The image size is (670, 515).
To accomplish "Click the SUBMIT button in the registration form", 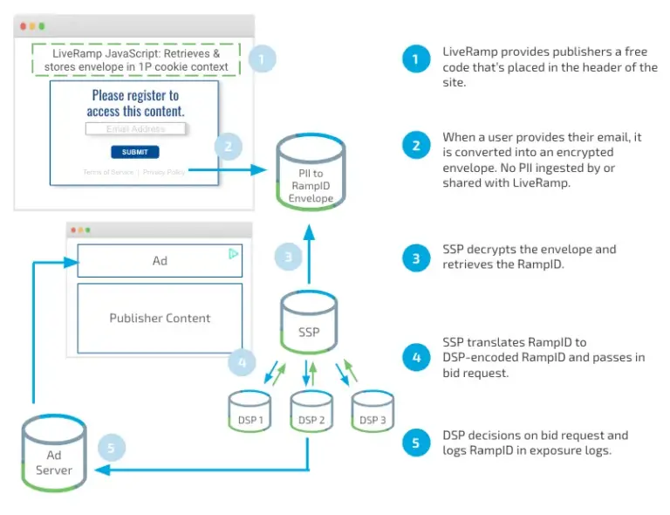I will pyautogui.click(x=135, y=152).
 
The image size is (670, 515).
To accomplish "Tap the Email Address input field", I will pyautogui.click(x=136, y=129).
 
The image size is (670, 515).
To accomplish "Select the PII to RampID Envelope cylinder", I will pyautogui.click(x=311, y=175).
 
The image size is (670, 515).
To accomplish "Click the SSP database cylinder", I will pyautogui.click(x=309, y=324).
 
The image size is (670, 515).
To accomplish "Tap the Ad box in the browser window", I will pyautogui.click(x=160, y=261).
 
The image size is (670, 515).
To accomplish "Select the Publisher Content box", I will pyautogui.click(x=160, y=318).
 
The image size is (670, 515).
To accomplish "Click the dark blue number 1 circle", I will pyautogui.click(x=416, y=60).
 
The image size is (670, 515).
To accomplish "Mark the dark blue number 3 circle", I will pyautogui.click(x=416, y=258).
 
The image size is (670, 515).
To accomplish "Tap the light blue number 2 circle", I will pyautogui.click(x=229, y=146).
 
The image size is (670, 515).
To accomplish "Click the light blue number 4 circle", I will pyautogui.click(x=243, y=360).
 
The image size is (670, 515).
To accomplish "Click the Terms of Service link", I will pyautogui.click(x=108, y=172).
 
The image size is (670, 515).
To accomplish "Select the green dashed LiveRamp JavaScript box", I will pyautogui.click(x=135, y=60).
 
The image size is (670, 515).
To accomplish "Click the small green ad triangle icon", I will pyautogui.click(x=233, y=254).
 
